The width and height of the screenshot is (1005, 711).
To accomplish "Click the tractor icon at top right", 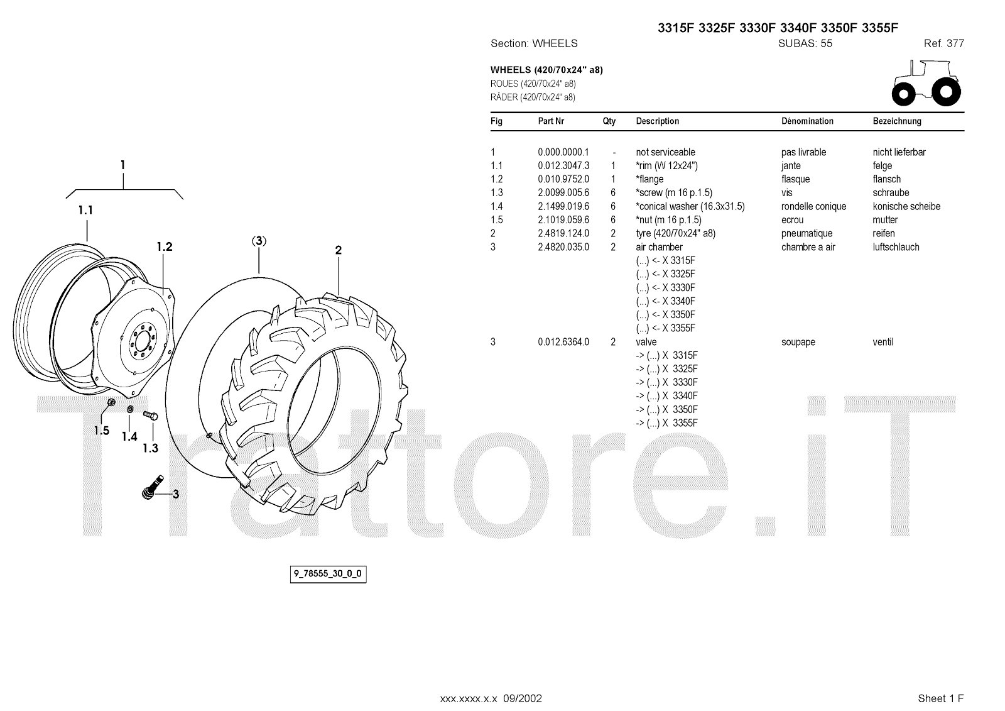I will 926,82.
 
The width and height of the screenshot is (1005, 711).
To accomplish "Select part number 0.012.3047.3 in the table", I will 563,166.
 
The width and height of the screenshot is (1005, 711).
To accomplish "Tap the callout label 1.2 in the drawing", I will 165,247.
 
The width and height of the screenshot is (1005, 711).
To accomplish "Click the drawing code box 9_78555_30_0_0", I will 328,574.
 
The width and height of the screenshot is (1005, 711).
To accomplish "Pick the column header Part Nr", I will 551,121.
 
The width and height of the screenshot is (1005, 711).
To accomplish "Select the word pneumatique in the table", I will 807,234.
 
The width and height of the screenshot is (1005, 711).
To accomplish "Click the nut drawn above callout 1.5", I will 111,402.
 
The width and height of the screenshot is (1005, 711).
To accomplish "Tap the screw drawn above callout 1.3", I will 151,416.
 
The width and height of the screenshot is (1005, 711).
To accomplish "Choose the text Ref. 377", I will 943,43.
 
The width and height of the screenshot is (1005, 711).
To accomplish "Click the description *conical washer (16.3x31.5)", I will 690,206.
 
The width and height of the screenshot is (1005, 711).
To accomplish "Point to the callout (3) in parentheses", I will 259,241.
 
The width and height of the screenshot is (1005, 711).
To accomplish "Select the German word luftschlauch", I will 896,247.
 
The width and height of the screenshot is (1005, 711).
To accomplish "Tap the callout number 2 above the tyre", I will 338,250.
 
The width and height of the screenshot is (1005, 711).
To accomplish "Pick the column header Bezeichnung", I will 897,121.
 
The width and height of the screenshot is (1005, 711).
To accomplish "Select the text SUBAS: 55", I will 805,43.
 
